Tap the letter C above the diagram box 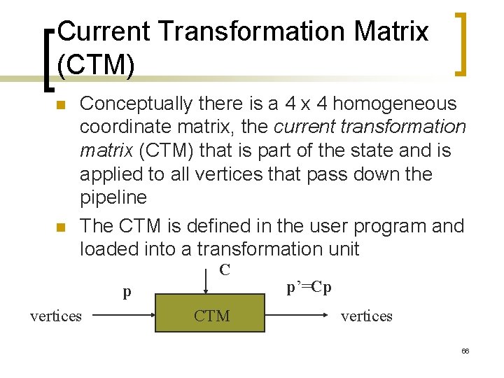click(x=225, y=270)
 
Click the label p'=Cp click(x=309, y=287)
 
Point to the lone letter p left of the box click(x=127, y=292)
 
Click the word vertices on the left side click(x=56, y=316)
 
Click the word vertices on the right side click(x=367, y=316)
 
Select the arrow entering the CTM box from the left click(x=123, y=316)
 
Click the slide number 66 click(x=465, y=351)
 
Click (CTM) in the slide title click(x=96, y=64)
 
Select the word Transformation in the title click(x=253, y=31)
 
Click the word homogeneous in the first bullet click(x=395, y=104)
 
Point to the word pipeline click(x=113, y=197)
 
